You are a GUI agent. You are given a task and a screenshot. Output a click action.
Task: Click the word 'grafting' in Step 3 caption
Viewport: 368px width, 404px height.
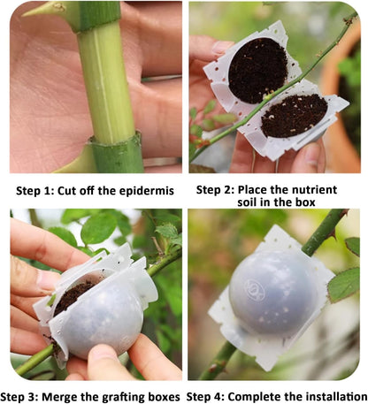coord(139,395)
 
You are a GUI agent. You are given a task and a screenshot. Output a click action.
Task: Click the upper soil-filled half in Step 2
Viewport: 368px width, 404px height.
coord(257,69)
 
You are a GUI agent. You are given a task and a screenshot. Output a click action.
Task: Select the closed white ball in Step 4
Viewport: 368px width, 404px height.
coord(272,292)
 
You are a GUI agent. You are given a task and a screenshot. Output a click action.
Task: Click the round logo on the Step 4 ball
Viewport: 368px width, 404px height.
coord(257,287)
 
